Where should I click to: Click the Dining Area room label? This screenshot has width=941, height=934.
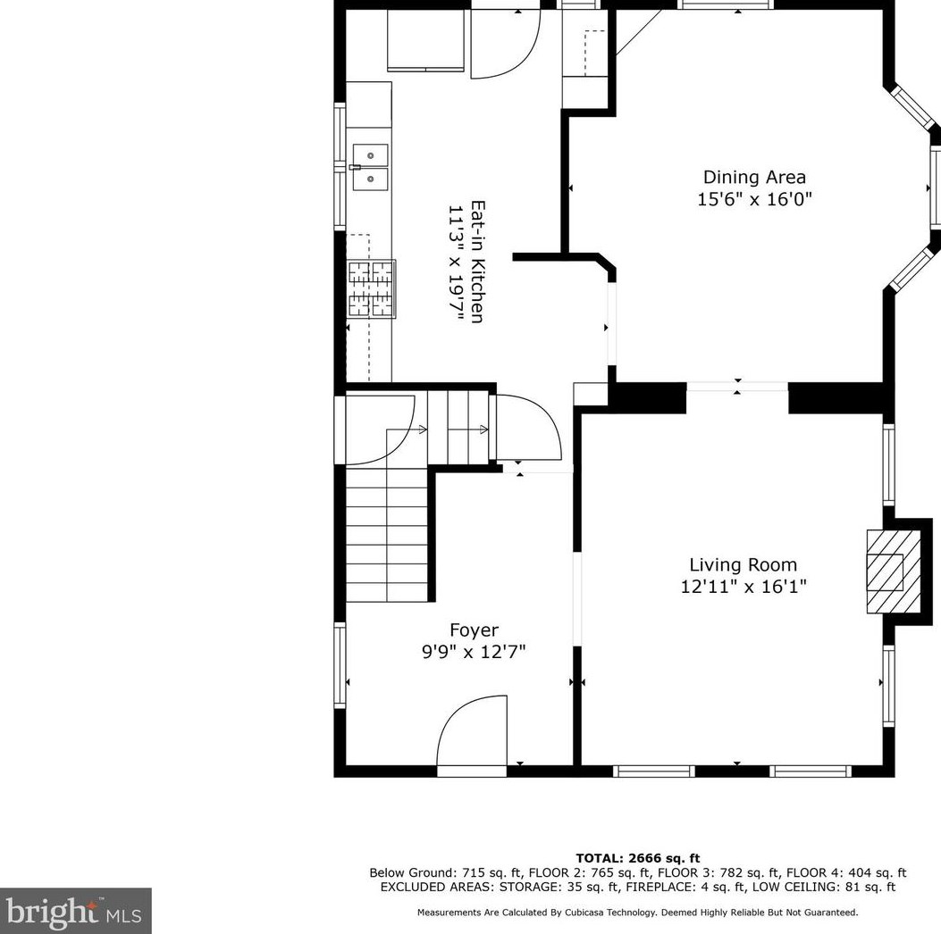pyautogui.click(x=754, y=177)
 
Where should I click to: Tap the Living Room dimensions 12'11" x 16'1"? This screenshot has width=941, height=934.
pyautogui.click(x=743, y=587)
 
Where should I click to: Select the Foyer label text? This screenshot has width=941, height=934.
pyautogui.click(x=474, y=630)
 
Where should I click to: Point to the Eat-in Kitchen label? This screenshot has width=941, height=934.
pyautogui.click(x=478, y=261)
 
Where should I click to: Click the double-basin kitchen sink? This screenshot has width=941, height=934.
pyautogui.click(x=370, y=167)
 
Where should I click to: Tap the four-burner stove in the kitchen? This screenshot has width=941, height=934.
pyautogui.click(x=371, y=288)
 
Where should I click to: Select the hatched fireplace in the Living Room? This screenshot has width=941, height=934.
pyautogui.click(x=894, y=571)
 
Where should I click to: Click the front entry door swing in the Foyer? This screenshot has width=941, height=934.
pyautogui.click(x=472, y=732)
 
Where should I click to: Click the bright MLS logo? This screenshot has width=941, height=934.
pyautogui.click(x=75, y=911)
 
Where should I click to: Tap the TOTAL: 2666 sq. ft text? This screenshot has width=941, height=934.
pyautogui.click(x=637, y=858)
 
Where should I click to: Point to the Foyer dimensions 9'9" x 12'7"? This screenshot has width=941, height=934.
pyautogui.click(x=474, y=652)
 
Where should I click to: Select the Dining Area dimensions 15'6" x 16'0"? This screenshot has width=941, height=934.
pyautogui.click(x=754, y=199)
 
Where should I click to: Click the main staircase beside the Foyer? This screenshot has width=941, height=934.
pyautogui.click(x=386, y=536)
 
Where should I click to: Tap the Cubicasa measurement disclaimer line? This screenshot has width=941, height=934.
pyautogui.click(x=637, y=913)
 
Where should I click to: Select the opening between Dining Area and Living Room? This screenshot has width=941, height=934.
pyautogui.click(x=737, y=387)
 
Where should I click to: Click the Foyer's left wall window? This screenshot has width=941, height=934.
pyautogui.click(x=340, y=665)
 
